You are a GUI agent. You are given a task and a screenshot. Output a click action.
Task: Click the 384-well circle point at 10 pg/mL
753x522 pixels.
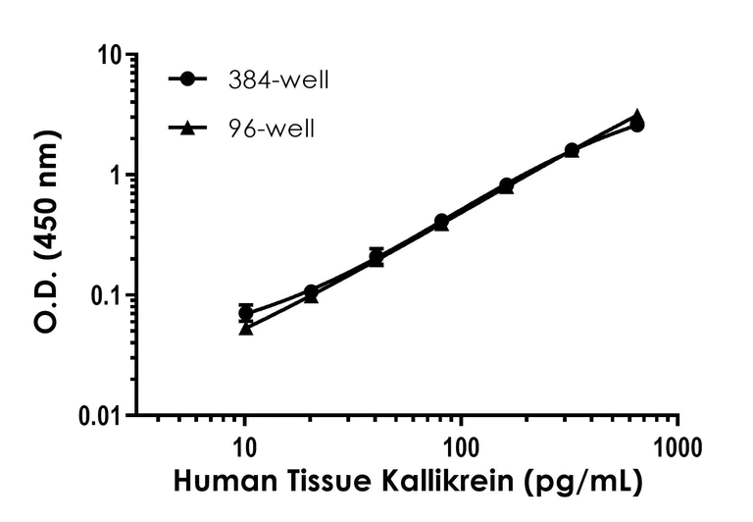click(x=246, y=313)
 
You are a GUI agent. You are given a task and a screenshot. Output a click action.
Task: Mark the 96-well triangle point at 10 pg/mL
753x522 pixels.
click(x=246, y=328)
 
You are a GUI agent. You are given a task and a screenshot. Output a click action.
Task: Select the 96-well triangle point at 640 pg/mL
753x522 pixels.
click(x=637, y=116)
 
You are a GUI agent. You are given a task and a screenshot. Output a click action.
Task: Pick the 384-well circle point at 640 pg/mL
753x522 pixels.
click(x=637, y=125)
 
